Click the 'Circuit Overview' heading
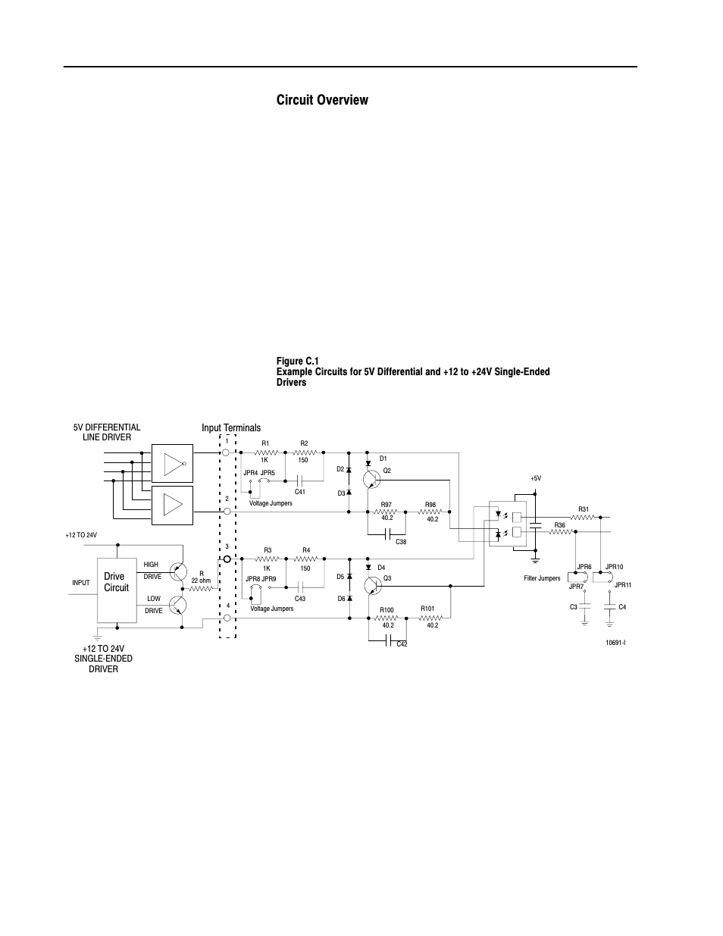(x=322, y=100)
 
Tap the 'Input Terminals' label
(x=230, y=428)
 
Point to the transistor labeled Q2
(x=371, y=479)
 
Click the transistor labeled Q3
(x=371, y=587)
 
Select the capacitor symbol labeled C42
(x=388, y=642)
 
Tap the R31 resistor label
(x=583, y=509)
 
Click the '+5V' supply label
(x=536, y=479)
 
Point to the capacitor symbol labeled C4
(x=609, y=607)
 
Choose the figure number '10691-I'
(x=615, y=643)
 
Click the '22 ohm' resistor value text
(x=201, y=581)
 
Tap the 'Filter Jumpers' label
(x=542, y=578)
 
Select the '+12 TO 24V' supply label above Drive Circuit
(x=81, y=536)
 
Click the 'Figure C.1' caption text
(x=298, y=362)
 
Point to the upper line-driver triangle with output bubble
(x=174, y=463)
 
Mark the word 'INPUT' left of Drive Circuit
(x=81, y=583)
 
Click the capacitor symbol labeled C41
(x=300, y=480)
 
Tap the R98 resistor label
(x=430, y=505)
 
